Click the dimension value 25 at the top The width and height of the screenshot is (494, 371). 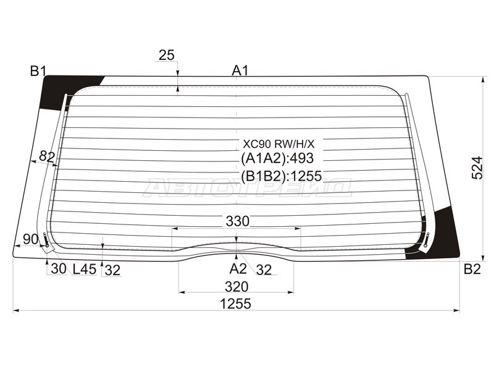166,55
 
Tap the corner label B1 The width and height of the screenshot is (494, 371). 38,71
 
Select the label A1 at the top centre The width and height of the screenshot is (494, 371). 240,70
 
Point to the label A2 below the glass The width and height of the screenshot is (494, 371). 238,269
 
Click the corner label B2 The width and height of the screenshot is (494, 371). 472,269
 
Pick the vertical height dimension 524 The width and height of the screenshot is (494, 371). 477,168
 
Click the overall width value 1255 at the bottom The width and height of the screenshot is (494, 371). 236,304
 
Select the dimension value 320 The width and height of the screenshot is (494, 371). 237,287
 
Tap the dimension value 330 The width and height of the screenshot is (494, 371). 238,221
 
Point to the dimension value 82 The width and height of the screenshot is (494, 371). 47,156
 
